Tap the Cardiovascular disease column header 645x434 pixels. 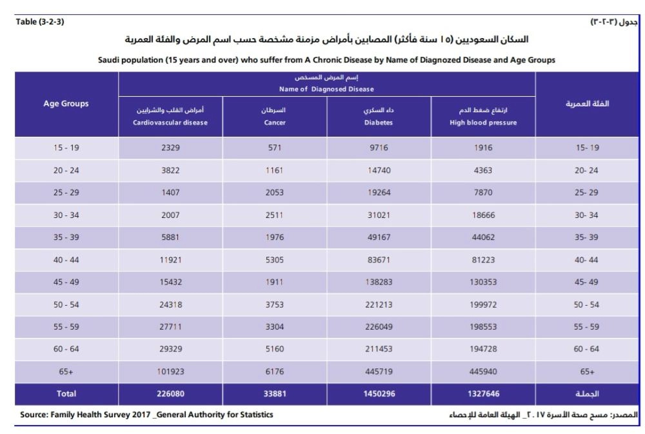pos(170,117)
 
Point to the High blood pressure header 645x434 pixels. pos(484,117)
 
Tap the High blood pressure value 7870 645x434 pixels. pos(484,192)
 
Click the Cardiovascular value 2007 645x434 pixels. pos(170,215)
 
